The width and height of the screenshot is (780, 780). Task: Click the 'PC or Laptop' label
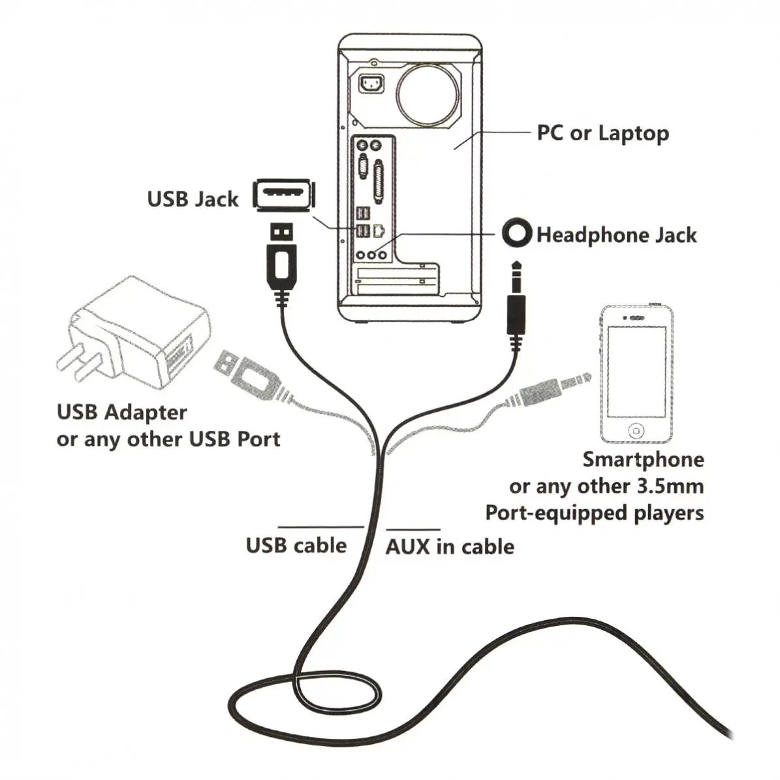click(x=602, y=133)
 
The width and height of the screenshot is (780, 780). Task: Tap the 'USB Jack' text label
click(x=193, y=198)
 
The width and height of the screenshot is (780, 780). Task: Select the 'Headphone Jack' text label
click(x=616, y=235)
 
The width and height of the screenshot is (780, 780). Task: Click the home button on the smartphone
click(x=636, y=431)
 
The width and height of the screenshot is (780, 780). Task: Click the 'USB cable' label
click(x=296, y=546)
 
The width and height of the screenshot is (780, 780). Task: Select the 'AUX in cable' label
click(x=450, y=546)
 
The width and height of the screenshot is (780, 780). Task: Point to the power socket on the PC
click(x=372, y=85)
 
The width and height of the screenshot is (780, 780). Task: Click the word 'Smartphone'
click(x=643, y=460)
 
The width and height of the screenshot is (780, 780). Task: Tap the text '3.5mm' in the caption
click(x=669, y=486)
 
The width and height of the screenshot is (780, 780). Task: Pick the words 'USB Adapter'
click(x=122, y=413)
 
